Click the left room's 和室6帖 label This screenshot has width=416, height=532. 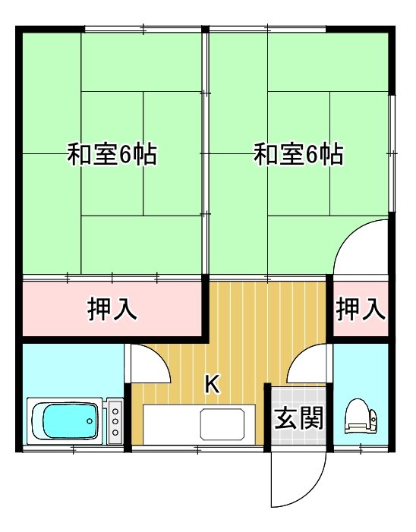(112, 155)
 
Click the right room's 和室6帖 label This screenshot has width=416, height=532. (298, 155)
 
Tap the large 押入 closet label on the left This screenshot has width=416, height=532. (112, 309)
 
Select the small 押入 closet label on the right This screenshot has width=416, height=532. (361, 309)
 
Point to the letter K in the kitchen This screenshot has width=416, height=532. (213, 385)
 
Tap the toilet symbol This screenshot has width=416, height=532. (361, 417)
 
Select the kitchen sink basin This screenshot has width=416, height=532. (222, 424)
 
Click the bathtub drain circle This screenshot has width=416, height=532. (90, 421)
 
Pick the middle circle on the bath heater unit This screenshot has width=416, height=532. (115, 421)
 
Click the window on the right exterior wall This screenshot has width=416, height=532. (392, 154)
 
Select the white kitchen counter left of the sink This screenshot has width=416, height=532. (172, 424)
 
